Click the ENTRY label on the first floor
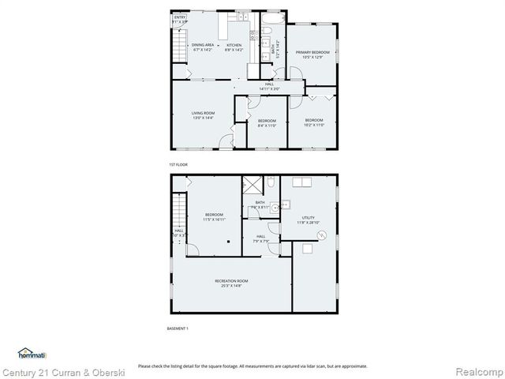pos(180,19)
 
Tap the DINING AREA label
pos(203,47)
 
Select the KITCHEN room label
pos(234,47)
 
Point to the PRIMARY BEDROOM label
pos(313,54)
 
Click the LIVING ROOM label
pos(203,115)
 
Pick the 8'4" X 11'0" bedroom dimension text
pos(267,125)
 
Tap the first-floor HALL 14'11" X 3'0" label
pos(270,86)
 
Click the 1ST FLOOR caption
pos(178,164)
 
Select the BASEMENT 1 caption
pos(178,328)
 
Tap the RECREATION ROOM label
pos(232,283)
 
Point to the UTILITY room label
pos(308,220)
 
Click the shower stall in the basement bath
pos(253,186)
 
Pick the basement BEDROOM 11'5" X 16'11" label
pos(214,217)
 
